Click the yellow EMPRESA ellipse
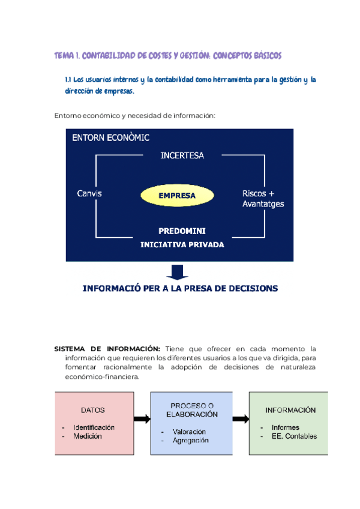[177, 195]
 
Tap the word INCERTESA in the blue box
[182, 155]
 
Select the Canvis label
[89, 193]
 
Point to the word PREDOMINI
[182, 231]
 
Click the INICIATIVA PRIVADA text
[182, 244]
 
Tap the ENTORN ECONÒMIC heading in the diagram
[111, 137]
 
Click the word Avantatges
[263, 204]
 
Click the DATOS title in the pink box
[93, 411]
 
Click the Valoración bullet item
[189, 432]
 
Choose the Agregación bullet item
[190, 440]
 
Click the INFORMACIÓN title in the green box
[290, 411]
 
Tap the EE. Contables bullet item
[294, 436]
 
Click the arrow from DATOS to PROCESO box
[142, 419]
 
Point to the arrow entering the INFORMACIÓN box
[241, 419]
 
